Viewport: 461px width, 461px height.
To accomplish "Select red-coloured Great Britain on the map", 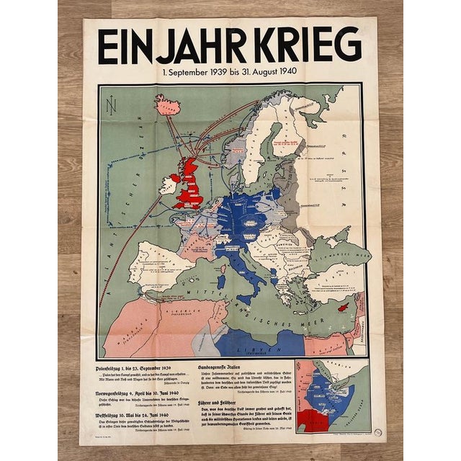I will click(x=193, y=184).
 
